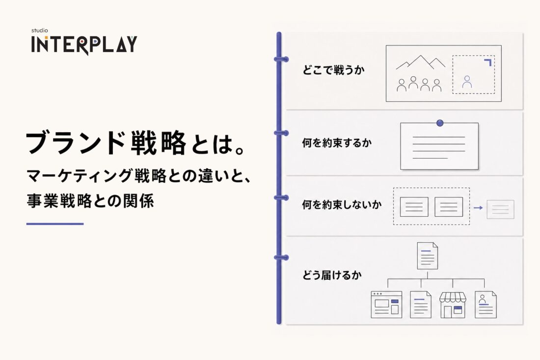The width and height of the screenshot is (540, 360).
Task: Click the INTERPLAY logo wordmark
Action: pyautogui.click(x=84, y=44)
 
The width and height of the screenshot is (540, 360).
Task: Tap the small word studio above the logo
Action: pyautogui.click(x=40, y=30)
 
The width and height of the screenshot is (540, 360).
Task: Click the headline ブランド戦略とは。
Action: pyautogui.click(x=136, y=143)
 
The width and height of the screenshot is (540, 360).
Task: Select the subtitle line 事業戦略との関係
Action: pyautogui.click(x=90, y=201)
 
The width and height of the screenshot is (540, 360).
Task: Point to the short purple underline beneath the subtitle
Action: pyautogui.click(x=55, y=224)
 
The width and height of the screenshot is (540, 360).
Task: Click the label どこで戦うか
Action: pyautogui.click(x=333, y=70)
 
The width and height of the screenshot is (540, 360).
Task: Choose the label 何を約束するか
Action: pyautogui.click(x=337, y=142)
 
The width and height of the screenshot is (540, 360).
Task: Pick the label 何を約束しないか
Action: pyautogui.click(x=342, y=205)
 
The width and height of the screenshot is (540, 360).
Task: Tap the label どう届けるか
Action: pyautogui.click(x=332, y=275)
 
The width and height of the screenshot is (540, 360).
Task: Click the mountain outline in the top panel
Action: pyautogui.click(x=421, y=62)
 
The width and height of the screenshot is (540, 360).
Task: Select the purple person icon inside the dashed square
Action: pyautogui.click(x=467, y=82)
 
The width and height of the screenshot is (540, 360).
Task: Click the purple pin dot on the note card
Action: pyautogui.click(x=440, y=123)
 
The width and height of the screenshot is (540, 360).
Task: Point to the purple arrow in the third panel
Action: pyautogui.click(x=478, y=208)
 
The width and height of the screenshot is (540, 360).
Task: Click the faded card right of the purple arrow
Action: pyautogui.click(x=500, y=209)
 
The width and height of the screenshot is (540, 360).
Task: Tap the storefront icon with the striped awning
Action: pyautogui.click(x=453, y=305)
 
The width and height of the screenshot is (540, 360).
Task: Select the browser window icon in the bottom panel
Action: pyautogui.click(x=386, y=305)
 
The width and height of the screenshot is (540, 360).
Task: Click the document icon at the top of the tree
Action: pyautogui.click(x=428, y=255)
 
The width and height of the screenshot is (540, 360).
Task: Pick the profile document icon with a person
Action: pyautogui.click(x=486, y=305)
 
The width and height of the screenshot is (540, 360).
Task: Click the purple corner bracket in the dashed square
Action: pyautogui.click(x=488, y=62)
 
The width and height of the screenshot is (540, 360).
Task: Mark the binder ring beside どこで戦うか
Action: pyautogui.click(x=281, y=59)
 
